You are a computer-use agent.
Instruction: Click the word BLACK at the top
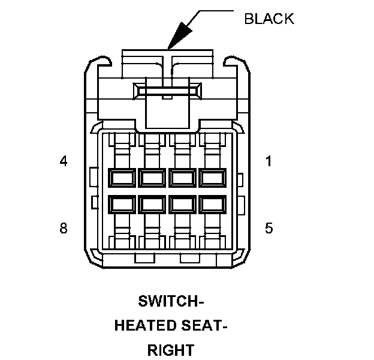[x=269, y=19]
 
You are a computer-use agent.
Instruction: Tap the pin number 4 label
[x=63, y=161]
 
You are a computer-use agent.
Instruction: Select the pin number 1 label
[x=269, y=161]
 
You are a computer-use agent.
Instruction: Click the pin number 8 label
[x=63, y=228]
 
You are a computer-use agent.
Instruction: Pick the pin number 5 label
[x=269, y=228]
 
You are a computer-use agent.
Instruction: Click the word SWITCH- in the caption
[x=170, y=301]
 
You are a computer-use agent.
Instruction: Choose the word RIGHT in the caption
[x=171, y=350]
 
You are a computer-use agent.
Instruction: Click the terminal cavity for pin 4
[x=122, y=178]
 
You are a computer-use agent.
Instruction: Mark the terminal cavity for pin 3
[x=152, y=178]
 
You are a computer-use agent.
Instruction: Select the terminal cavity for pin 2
[x=182, y=178]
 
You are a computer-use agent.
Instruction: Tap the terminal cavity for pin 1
[x=212, y=178]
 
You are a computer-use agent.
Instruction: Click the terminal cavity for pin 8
[x=122, y=204]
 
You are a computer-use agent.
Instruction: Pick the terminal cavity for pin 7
[x=152, y=204]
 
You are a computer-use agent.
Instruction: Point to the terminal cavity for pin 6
[x=182, y=204]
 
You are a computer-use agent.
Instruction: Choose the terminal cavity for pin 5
[x=212, y=204]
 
